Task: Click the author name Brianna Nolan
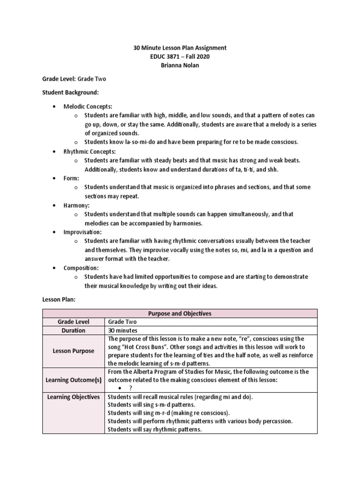180,65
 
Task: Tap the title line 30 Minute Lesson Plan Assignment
180,48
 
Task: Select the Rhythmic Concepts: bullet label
90,151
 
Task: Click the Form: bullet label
72,178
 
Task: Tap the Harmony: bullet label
76,205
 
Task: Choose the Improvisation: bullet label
82,232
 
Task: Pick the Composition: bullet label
81,268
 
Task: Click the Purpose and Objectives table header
180,313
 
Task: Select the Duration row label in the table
73,330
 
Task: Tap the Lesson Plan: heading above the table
59,298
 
